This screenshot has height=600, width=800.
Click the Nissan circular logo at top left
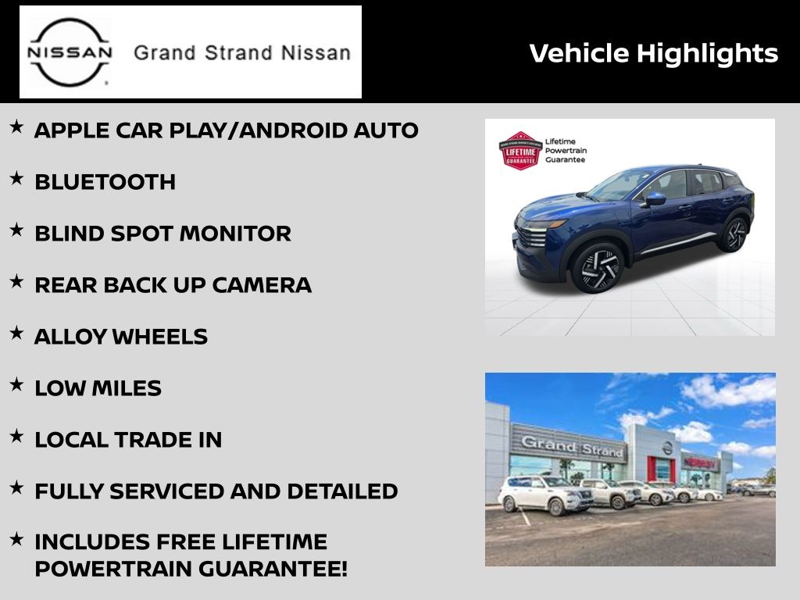pyautogui.click(x=70, y=52)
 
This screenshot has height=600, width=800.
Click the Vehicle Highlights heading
pyautogui.click(x=654, y=54)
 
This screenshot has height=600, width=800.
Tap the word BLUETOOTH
pyautogui.click(x=105, y=182)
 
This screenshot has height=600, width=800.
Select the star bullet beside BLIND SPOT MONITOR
pyautogui.click(x=17, y=230)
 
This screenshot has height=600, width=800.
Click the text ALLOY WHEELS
pyautogui.click(x=121, y=337)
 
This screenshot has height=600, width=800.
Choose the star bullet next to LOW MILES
pyautogui.click(x=17, y=384)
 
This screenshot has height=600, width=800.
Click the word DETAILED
pyautogui.click(x=342, y=491)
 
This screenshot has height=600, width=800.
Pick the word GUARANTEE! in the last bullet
pyautogui.click(x=273, y=569)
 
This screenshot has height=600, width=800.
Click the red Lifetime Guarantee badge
pyautogui.click(x=520, y=151)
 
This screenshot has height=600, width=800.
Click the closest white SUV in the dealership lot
pyautogui.click(x=545, y=494)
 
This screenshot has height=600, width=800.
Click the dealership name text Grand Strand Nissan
pyautogui.click(x=242, y=53)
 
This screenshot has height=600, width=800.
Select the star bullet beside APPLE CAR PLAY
pyautogui.click(x=17, y=127)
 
